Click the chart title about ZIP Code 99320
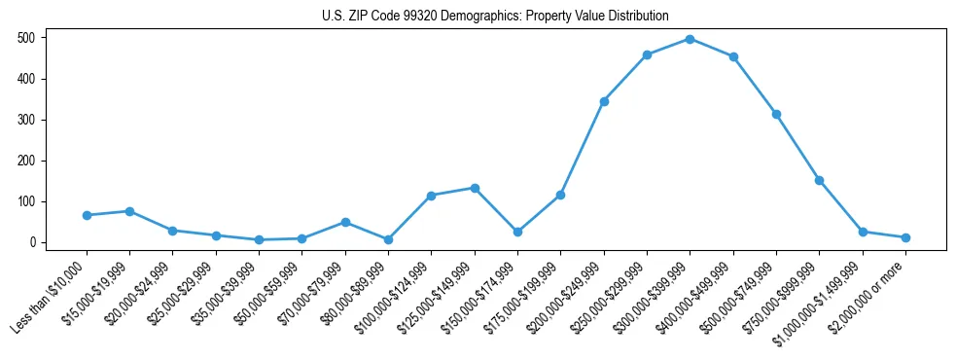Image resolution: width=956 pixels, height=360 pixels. [495, 16]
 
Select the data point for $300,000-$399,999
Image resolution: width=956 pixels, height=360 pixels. [690, 39]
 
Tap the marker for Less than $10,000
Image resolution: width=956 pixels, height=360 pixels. [87, 215]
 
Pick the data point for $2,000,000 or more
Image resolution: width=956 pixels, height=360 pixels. [905, 237]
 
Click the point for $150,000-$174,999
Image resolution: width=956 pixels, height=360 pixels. [517, 232]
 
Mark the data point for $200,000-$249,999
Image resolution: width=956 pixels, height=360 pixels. [604, 101]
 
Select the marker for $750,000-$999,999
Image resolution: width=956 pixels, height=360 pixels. [819, 180]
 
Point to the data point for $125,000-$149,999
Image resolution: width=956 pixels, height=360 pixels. [475, 188]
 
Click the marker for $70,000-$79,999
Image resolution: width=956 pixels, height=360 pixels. [345, 222]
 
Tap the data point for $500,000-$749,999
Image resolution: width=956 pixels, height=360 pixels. [776, 114]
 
